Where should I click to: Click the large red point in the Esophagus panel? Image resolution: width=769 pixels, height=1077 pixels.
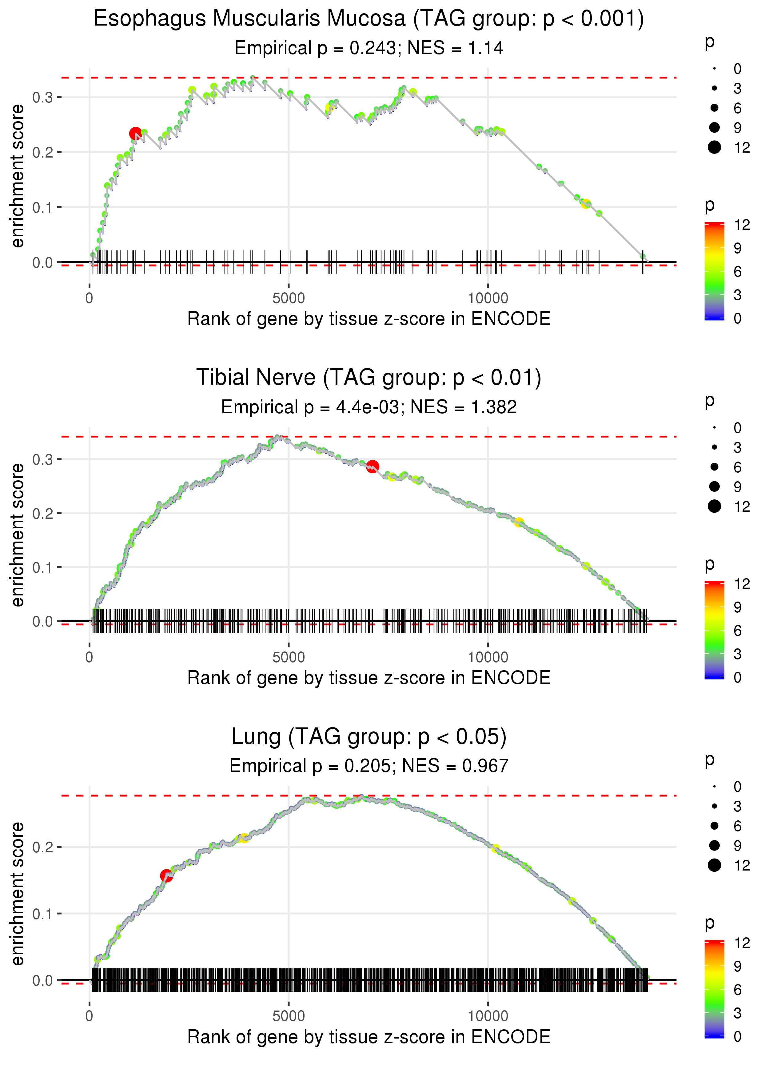point(135,134)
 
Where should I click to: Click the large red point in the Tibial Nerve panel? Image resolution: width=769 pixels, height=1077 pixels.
point(373,466)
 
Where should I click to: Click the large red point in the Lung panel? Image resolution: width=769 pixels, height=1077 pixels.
point(166,875)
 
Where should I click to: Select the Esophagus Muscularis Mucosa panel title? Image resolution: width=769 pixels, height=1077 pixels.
point(369,19)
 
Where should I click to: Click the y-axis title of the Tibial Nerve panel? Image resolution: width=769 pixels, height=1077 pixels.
point(18,535)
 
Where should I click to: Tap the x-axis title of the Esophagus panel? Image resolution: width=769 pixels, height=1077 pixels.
point(369,319)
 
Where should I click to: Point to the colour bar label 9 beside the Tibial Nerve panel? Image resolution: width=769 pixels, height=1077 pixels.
point(737,607)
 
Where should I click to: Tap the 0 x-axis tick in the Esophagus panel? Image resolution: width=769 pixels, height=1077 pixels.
point(90,298)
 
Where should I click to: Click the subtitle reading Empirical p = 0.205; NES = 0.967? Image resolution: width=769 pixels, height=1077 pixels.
point(369,766)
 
